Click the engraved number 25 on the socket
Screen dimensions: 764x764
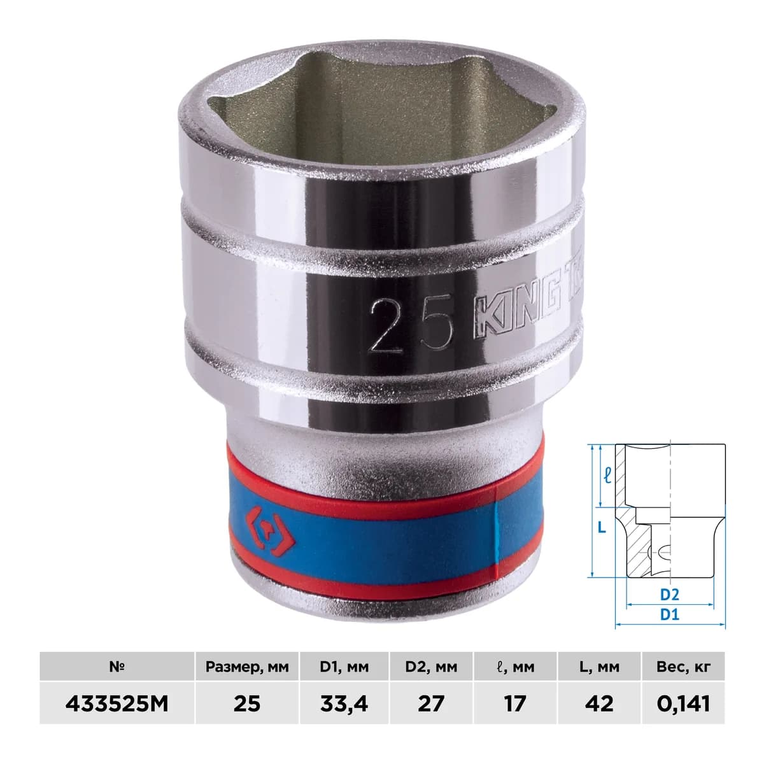(x=411, y=325)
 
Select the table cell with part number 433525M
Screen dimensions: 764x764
(x=117, y=704)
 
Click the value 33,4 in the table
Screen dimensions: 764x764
(x=344, y=704)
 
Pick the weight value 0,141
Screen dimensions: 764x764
(x=683, y=704)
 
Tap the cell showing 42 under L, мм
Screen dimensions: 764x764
(x=599, y=704)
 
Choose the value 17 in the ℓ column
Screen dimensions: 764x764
(x=514, y=704)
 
